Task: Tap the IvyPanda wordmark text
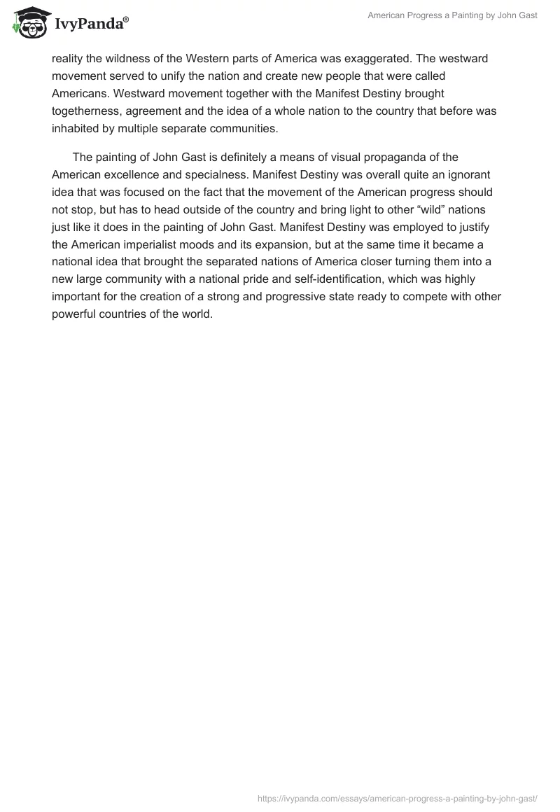90,24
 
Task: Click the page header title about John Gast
452,15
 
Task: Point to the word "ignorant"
471,174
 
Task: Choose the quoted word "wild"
427,209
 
